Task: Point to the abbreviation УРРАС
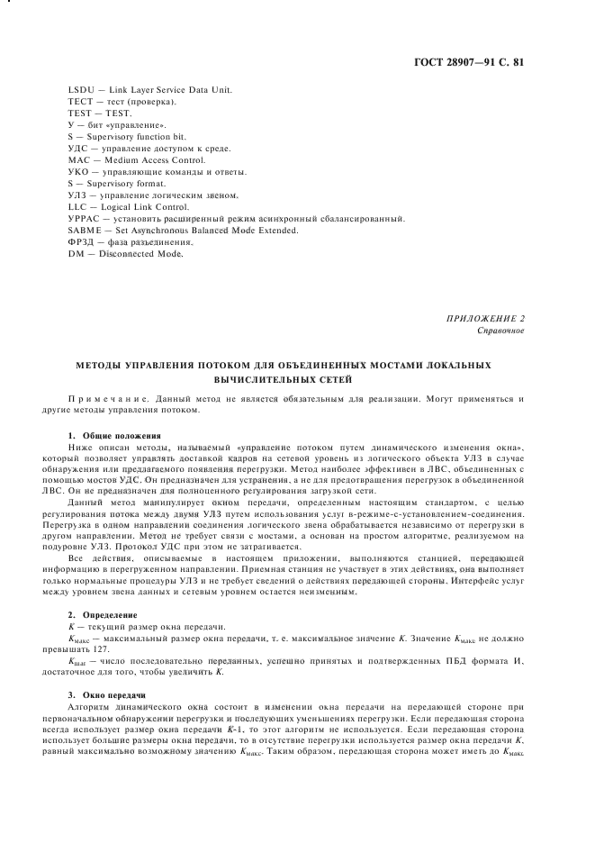[83, 220]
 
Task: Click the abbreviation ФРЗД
[81, 243]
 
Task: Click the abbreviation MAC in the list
[78, 161]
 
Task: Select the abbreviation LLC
[77, 208]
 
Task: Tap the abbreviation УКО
[79, 173]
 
